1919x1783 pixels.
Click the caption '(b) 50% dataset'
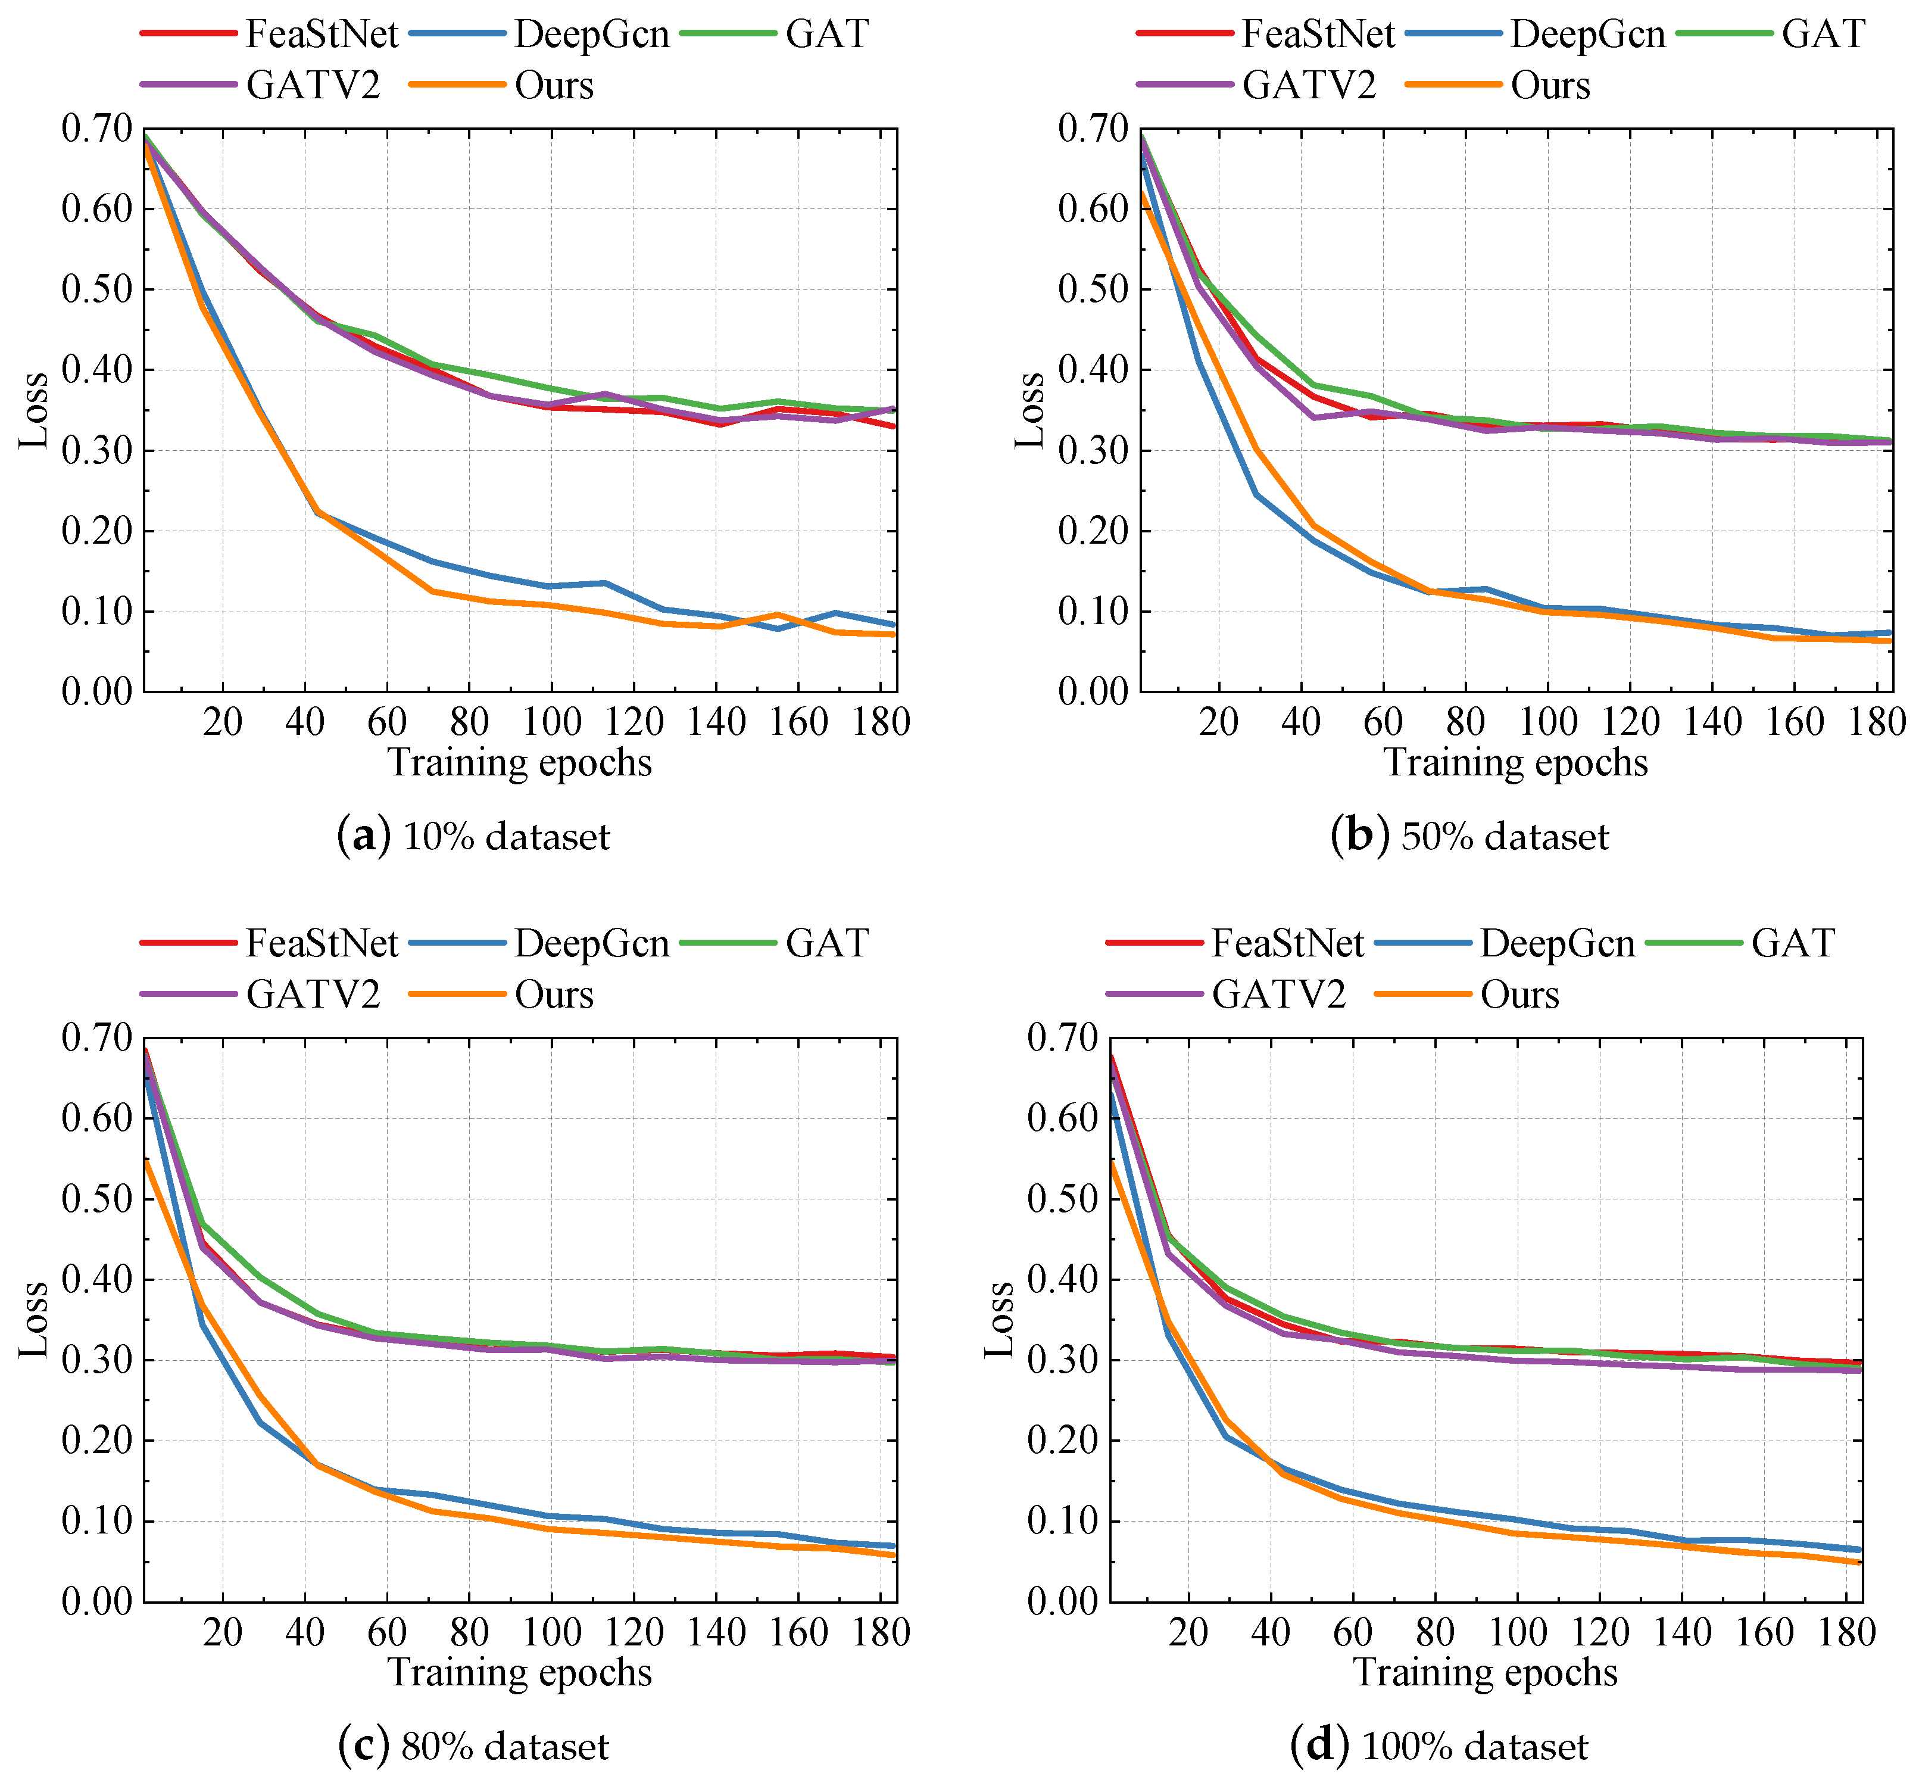(1469, 836)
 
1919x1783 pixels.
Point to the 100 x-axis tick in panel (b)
(1547, 722)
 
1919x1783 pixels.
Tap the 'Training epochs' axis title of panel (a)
(520, 762)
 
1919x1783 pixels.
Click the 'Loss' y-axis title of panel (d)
(1000, 1319)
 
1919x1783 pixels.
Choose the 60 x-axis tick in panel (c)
(387, 1632)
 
